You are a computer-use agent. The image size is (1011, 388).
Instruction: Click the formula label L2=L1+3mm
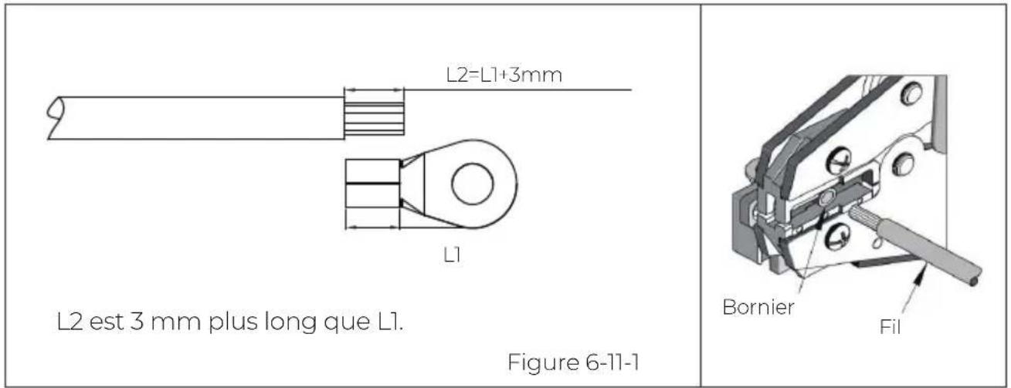click(504, 75)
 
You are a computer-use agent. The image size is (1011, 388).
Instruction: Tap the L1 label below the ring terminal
click(453, 255)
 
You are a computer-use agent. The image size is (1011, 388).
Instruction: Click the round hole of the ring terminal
click(473, 184)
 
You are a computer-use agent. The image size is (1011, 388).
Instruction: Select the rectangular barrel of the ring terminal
click(372, 184)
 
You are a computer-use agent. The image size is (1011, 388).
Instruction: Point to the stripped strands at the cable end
click(374, 119)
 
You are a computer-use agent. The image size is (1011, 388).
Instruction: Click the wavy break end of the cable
click(55, 118)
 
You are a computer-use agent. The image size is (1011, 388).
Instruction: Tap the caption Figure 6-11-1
click(573, 363)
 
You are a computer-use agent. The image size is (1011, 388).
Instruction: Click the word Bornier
click(758, 307)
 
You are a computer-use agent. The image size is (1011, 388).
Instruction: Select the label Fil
click(890, 327)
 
